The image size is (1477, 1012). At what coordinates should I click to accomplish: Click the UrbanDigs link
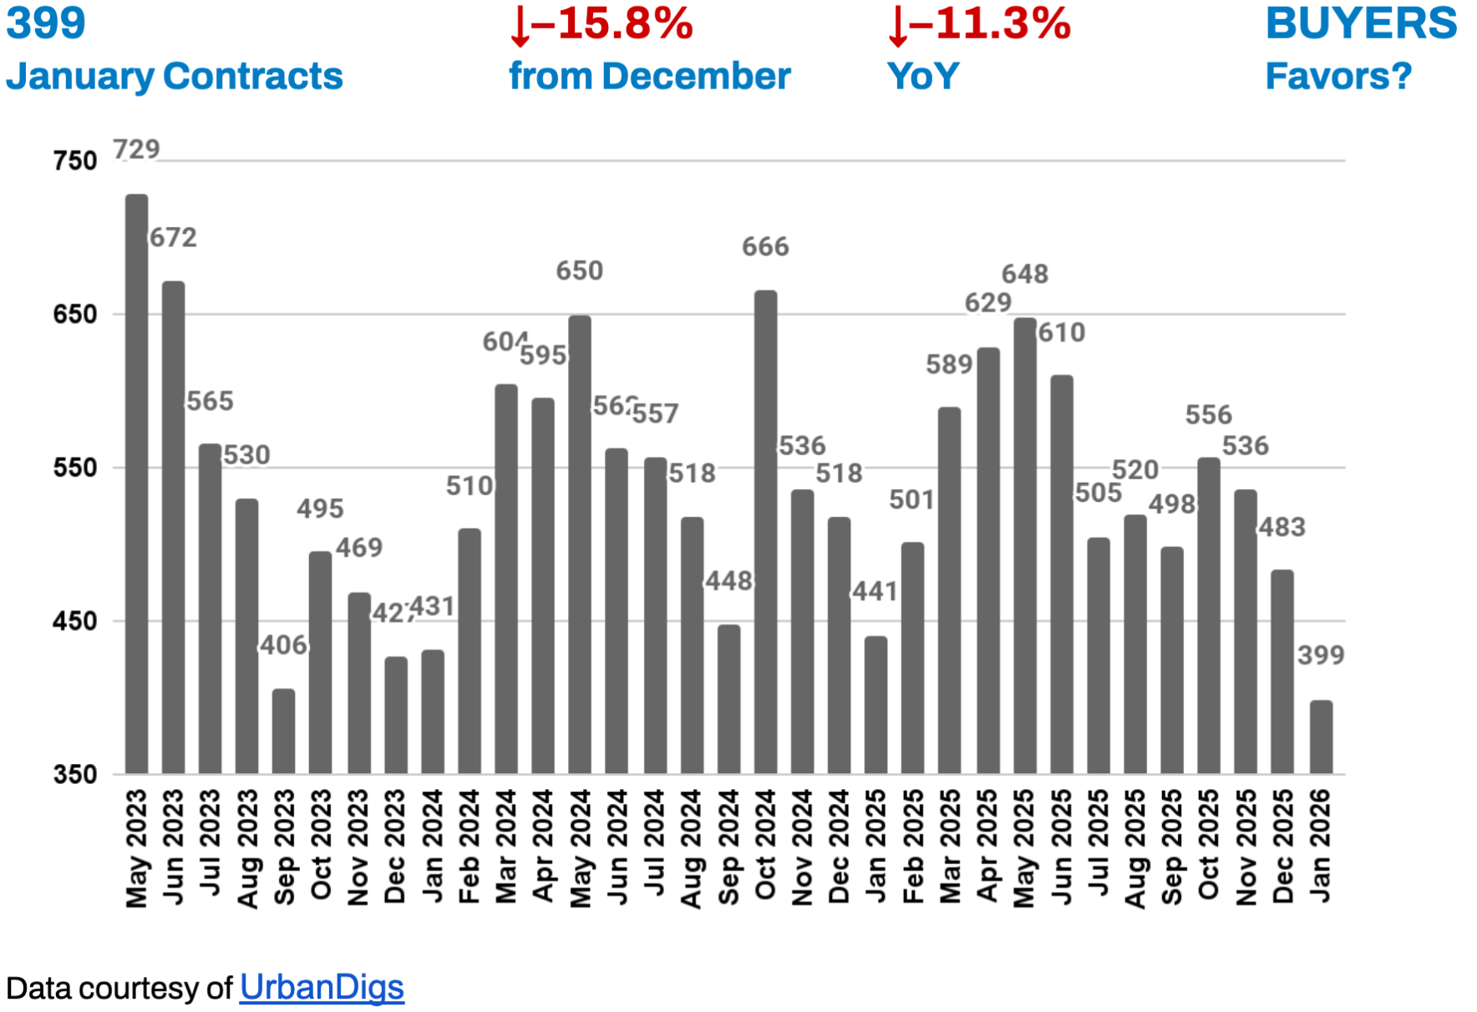coord(322,988)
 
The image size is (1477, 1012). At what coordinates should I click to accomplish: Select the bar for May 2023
coord(136,484)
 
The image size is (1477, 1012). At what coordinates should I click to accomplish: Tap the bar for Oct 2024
coord(765,532)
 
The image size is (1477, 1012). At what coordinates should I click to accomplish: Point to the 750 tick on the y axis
coord(75,160)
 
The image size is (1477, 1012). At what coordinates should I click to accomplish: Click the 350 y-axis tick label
coord(75,774)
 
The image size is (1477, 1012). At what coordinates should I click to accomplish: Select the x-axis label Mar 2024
coord(506,847)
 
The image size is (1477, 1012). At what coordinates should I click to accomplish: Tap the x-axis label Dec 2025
coord(1283,847)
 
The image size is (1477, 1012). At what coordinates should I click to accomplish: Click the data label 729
coord(136,149)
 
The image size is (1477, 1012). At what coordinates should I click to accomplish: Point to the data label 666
coord(765,246)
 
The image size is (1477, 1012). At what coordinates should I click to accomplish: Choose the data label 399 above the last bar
coord(1321,655)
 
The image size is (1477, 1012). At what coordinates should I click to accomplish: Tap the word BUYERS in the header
coord(1361,23)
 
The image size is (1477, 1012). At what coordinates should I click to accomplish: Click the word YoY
coord(923,76)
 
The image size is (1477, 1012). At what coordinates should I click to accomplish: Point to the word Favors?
coord(1338,76)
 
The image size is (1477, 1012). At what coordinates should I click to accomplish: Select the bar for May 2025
coord(1025,545)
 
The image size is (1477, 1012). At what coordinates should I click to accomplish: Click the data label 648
coord(1025,274)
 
